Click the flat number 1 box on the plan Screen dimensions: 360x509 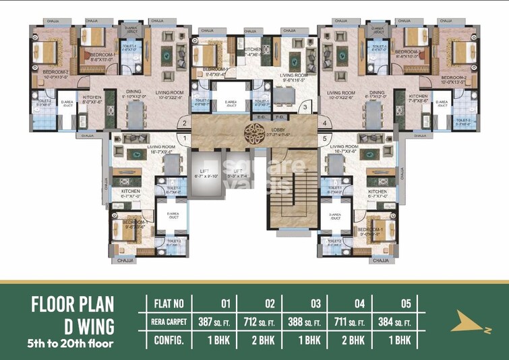183,138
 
